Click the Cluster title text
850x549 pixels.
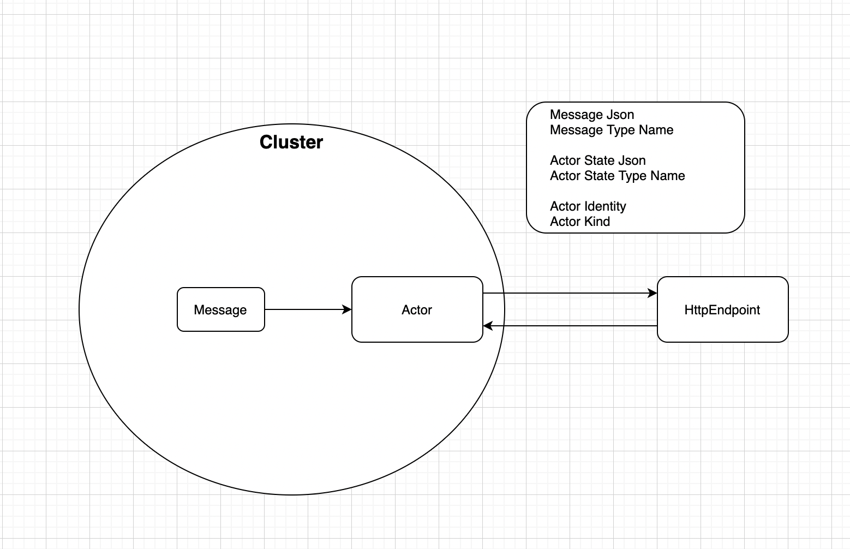pos(291,142)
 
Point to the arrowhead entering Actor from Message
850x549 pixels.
pos(347,309)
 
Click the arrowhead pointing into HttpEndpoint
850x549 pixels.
pos(653,293)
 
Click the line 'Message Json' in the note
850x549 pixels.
pos(592,115)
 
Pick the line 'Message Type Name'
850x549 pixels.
pos(611,130)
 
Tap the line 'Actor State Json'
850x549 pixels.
pos(597,160)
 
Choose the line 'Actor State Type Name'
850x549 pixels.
pos(617,176)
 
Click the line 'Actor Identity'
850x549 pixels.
pos(588,206)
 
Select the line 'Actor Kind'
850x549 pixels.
pos(579,222)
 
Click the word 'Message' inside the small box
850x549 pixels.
pos(220,310)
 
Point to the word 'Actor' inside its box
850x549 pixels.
pos(417,310)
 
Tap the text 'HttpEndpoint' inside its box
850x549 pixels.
pos(722,310)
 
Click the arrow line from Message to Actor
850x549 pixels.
pos(306,309)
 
